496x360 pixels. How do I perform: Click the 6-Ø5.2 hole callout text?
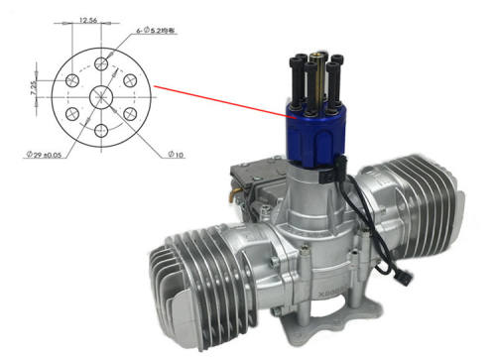[160, 32]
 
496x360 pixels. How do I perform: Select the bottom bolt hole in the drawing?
[102, 128]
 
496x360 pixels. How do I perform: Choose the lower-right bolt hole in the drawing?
[130, 112]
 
